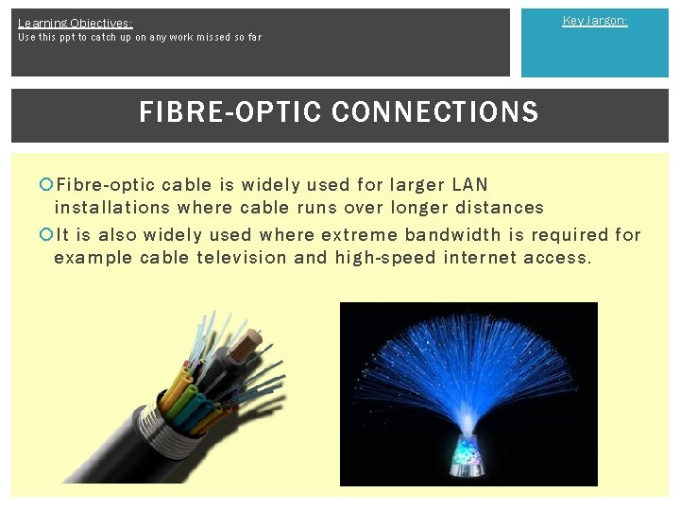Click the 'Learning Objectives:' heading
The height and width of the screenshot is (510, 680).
coord(75,23)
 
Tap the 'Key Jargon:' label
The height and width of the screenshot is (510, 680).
coord(594,21)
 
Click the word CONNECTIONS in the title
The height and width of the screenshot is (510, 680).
coord(435,112)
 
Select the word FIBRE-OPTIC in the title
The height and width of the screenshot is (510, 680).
coord(232,112)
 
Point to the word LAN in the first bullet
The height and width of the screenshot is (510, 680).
coord(471,184)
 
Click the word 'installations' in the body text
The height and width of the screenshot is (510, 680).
coord(112,207)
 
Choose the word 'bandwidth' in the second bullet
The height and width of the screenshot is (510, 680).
coord(450,234)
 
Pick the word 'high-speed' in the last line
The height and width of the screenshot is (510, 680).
coord(384,257)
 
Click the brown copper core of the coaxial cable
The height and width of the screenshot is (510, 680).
coord(253,335)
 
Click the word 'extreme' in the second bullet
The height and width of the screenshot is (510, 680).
coord(359,234)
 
